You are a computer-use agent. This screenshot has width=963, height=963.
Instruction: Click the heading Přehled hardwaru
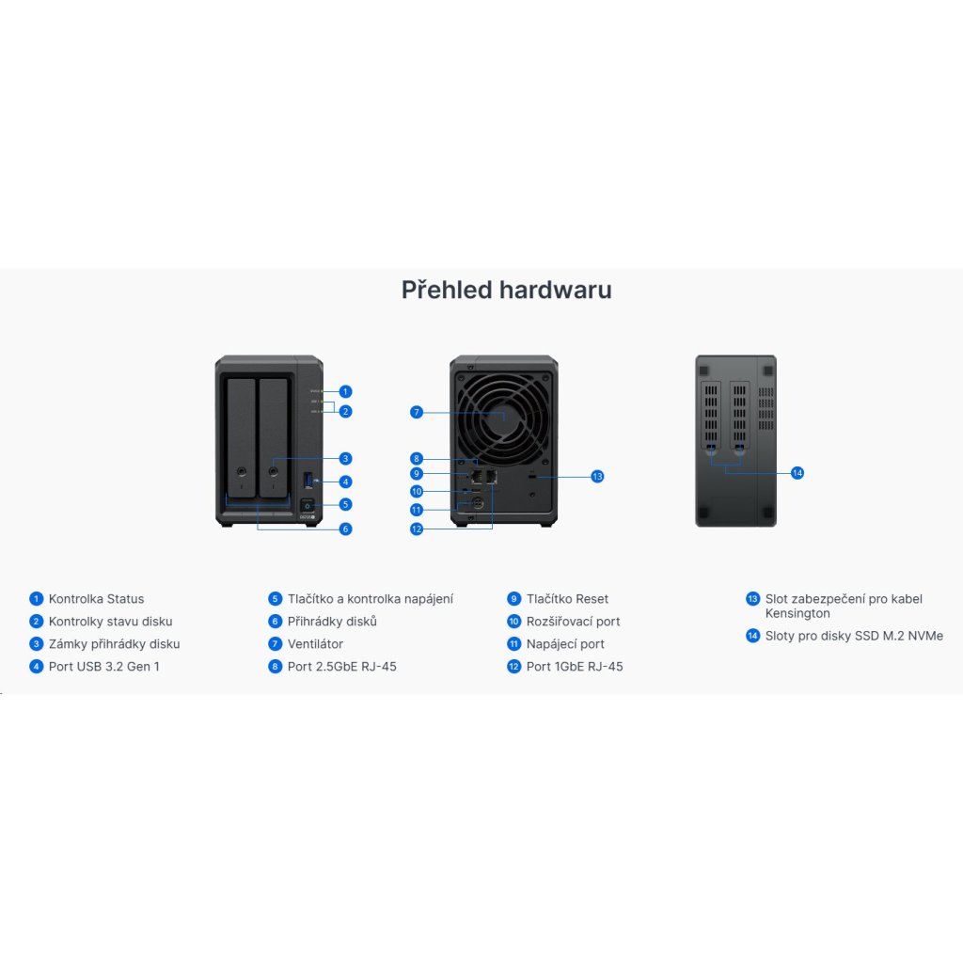coord(506,290)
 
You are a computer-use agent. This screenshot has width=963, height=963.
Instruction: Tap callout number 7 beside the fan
coord(417,412)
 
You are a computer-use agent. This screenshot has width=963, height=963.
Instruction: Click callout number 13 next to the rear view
coord(597,477)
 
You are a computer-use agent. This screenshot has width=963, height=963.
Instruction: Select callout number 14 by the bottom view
coord(797,472)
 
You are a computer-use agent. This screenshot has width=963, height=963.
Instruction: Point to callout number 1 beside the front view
coord(345,391)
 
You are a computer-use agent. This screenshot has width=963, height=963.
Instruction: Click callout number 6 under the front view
coord(345,529)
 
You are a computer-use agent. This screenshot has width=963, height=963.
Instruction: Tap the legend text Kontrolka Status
coord(96,599)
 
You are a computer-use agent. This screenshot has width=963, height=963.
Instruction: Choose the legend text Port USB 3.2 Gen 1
coord(103,667)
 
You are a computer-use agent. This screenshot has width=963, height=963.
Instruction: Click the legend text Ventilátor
coord(315,644)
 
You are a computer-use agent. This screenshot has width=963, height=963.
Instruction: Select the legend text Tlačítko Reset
coord(567,599)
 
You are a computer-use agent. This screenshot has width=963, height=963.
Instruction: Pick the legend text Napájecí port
coord(565,644)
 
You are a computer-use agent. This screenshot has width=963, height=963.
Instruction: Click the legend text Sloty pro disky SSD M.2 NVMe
coord(854,637)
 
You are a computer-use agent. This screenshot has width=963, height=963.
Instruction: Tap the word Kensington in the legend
coord(797,613)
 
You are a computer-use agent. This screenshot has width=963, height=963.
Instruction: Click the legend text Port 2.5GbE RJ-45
coord(342,667)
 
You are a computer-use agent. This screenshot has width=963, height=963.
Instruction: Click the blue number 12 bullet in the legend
coord(513,667)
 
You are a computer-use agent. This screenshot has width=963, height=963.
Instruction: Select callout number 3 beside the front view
coord(345,459)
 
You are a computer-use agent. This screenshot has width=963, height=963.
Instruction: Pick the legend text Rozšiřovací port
coord(573,622)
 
